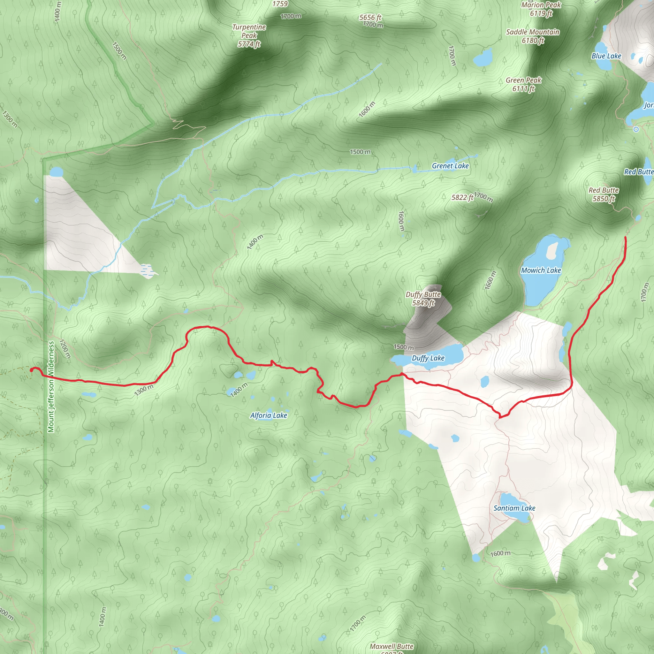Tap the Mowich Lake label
tap(541, 270)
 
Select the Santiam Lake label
tap(514, 508)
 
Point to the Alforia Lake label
tap(269, 415)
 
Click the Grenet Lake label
tap(450, 166)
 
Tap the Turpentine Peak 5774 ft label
tap(249, 35)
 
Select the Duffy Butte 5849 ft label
tap(423, 299)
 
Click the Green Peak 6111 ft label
tap(523, 84)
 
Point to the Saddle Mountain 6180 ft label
tap(532, 36)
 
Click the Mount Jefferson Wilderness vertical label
tap(51, 387)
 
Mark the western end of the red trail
tap(32, 370)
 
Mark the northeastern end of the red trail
tap(625, 238)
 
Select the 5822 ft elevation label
tap(462, 197)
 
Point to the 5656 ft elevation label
tap(370, 18)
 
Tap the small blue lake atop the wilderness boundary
tap(56, 171)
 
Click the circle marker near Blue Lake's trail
tap(636, 129)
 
